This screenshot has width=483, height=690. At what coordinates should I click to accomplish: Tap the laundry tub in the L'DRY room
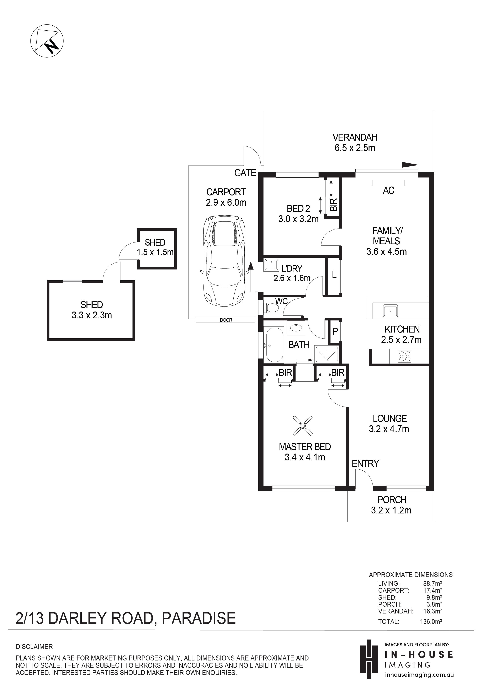(271, 265)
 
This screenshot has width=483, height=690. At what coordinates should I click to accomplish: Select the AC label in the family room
(388, 190)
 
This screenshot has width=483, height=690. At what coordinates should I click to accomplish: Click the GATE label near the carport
(245, 173)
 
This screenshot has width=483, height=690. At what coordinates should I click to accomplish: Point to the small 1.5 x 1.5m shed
(157, 249)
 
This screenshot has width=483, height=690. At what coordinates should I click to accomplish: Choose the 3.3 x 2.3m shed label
(92, 310)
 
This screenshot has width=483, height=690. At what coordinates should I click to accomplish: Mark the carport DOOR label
(226, 320)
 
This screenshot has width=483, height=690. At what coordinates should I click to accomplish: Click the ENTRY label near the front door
(365, 463)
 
